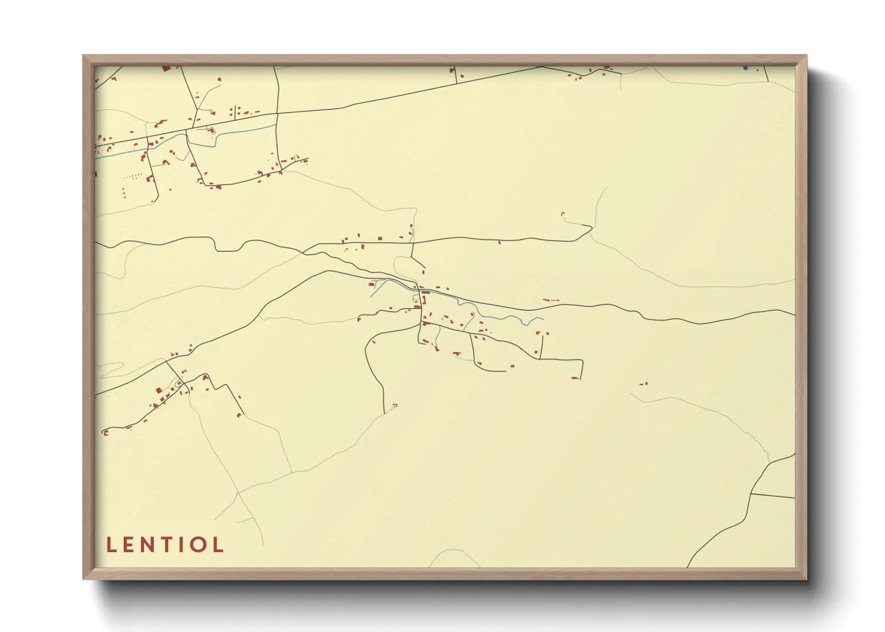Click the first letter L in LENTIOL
(111, 545)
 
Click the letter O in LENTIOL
(198, 545)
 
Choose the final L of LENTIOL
(218, 545)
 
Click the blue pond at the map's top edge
(744, 68)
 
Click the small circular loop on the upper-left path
(212, 111)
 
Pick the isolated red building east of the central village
(644, 384)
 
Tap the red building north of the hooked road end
(562, 213)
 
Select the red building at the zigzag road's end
(239, 414)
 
